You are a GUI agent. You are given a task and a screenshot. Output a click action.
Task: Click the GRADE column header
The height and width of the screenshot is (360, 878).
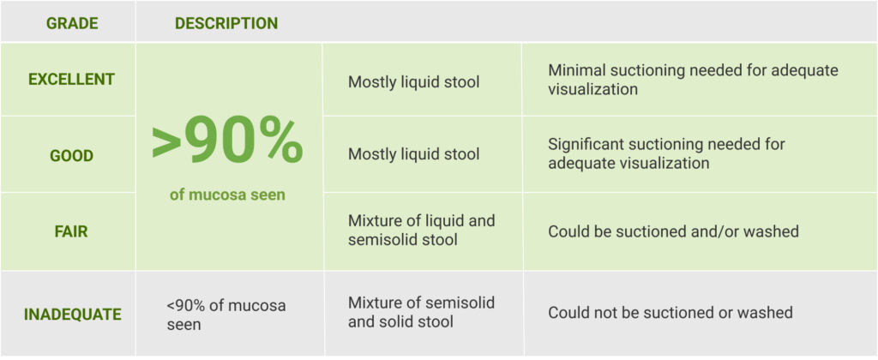click(x=72, y=23)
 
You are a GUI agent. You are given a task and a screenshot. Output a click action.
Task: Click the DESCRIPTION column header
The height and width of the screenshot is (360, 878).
click(x=226, y=23)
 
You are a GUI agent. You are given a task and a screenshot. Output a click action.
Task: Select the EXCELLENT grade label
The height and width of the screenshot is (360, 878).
click(x=71, y=80)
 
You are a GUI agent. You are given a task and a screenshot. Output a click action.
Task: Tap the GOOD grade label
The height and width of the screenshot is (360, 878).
click(x=71, y=156)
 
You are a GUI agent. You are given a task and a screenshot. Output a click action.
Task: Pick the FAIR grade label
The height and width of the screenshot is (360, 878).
click(x=71, y=231)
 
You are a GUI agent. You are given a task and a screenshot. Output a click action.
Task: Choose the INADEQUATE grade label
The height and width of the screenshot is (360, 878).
click(x=72, y=315)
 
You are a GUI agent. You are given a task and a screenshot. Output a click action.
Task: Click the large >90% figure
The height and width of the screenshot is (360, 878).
click(x=226, y=145)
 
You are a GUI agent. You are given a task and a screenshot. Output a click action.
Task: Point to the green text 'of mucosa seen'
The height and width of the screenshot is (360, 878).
click(x=227, y=195)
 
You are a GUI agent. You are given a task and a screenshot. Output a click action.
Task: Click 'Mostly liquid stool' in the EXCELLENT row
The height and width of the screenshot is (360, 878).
click(x=414, y=81)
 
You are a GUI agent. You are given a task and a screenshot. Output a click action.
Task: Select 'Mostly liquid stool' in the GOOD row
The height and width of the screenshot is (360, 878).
click(x=414, y=154)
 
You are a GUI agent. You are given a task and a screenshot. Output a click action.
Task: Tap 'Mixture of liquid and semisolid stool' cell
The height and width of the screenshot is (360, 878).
click(x=422, y=230)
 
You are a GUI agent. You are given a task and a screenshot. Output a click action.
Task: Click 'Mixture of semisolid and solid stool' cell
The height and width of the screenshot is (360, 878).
click(x=421, y=312)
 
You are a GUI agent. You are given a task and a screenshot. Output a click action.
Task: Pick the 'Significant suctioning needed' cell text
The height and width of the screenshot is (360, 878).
click(x=666, y=153)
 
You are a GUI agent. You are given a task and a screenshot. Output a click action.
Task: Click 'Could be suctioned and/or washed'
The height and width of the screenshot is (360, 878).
click(x=673, y=231)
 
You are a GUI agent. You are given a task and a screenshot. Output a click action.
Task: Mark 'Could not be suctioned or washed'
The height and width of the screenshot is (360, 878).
click(x=671, y=312)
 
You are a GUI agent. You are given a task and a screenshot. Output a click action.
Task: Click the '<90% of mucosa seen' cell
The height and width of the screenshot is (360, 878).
click(x=226, y=315)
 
